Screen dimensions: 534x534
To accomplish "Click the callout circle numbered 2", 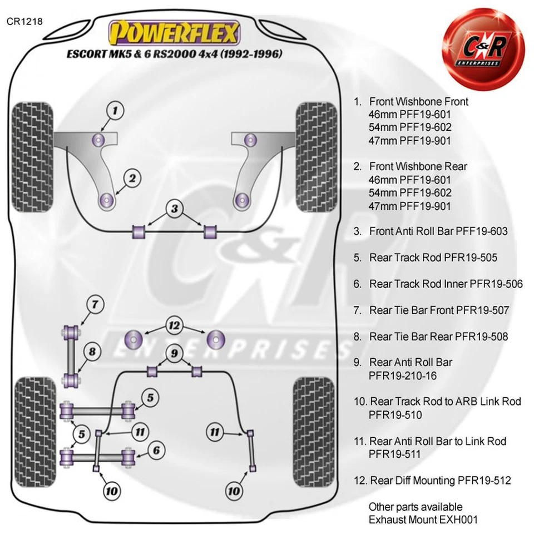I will coord(132,178).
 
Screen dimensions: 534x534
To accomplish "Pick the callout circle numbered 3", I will coord(175,209).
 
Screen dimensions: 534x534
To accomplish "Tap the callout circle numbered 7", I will coord(95,304).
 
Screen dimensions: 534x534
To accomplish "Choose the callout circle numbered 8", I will coord(92,352).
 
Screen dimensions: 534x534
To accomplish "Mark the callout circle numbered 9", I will coord(174,353).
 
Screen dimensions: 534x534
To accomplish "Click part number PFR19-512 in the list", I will coord(484,480).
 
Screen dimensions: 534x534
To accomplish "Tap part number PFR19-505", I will coord(471,258).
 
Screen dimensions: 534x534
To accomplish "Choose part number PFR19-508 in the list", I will coord(481,337).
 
